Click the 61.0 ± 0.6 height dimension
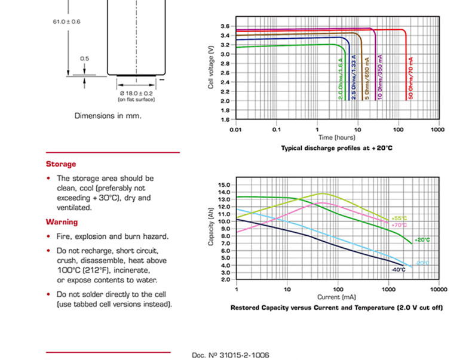click(x=66, y=21)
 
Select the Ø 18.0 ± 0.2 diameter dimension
click(x=136, y=94)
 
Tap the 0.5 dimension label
click(x=84, y=59)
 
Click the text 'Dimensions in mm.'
click(x=108, y=116)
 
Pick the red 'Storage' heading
click(x=61, y=164)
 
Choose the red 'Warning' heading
click(x=62, y=222)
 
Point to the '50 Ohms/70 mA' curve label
click(x=411, y=78)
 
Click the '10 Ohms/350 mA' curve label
click(x=379, y=77)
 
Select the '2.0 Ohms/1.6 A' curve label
click(x=341, y=79)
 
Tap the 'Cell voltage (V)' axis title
click(x=211, y=67)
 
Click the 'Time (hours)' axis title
click(x=337, y=137)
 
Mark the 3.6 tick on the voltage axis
click(x=225, y=26)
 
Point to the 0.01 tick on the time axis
click(x=235, y=130)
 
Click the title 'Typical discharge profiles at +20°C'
click(x=336, y=148)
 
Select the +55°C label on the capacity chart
click(x=399, y=219)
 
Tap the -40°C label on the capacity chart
click(x=399, y=270)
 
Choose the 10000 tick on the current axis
click(x=439, y=290)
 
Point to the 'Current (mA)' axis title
click(x=336, y=297)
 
